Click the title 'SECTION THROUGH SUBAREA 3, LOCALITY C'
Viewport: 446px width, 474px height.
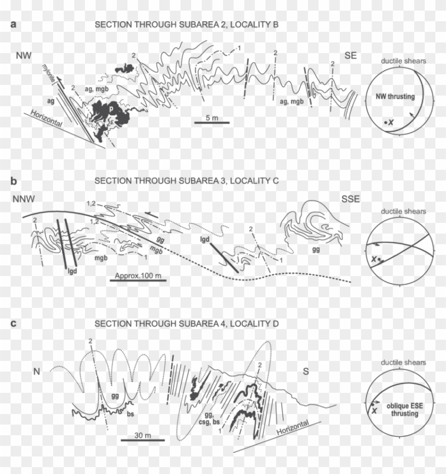click(x=186, y=181)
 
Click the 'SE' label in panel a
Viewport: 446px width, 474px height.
click(x=349, y=56)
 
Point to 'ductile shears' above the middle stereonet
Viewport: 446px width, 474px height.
click(x=403, y=211)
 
